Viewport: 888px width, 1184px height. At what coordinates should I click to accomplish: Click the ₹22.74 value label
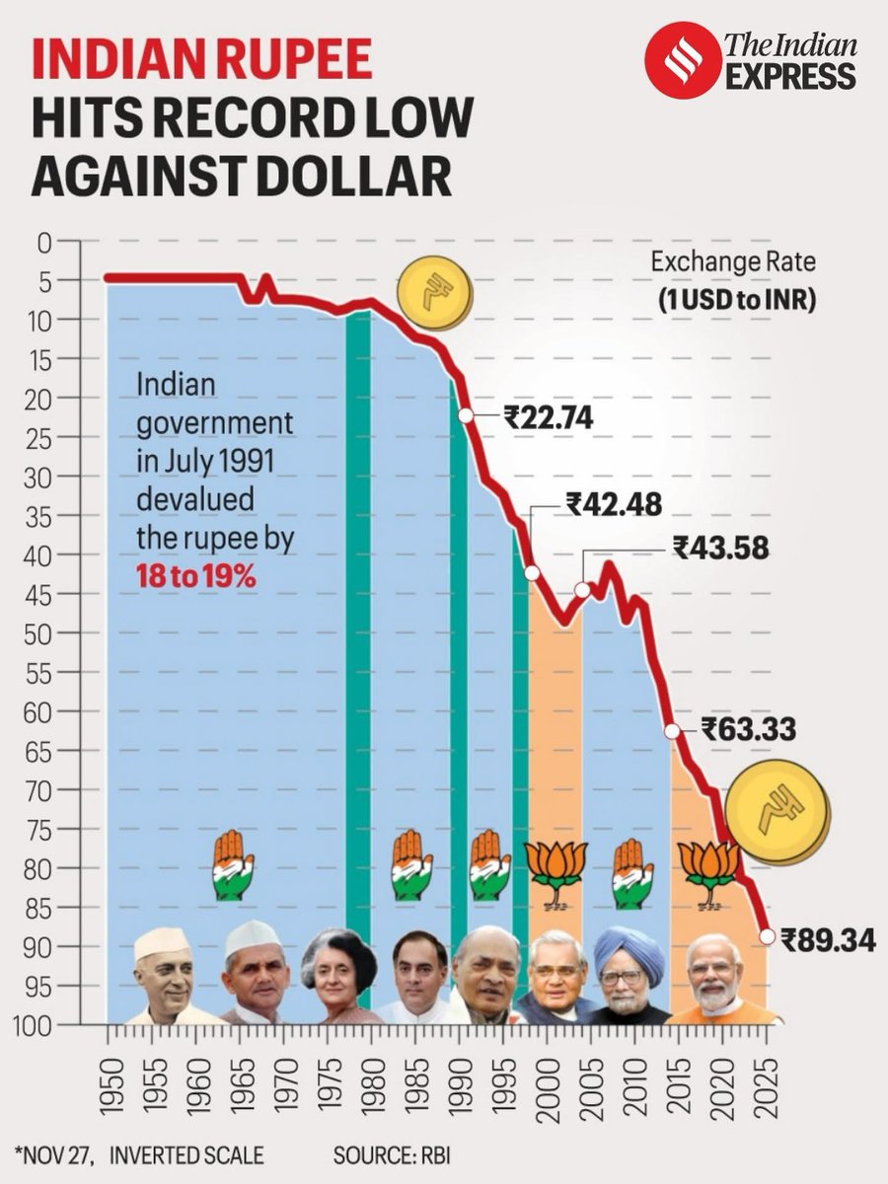tap(548, 417)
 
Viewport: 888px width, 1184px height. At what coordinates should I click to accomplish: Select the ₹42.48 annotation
tap(614, 504)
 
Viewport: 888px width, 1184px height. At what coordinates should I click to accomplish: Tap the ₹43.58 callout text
tap(720, 547)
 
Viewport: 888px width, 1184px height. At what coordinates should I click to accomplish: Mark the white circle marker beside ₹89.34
tap(767, 936)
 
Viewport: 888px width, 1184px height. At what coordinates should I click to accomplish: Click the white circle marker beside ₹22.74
tap(467, 416)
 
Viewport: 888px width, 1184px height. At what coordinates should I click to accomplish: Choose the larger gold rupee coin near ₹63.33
tap(777, 811)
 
